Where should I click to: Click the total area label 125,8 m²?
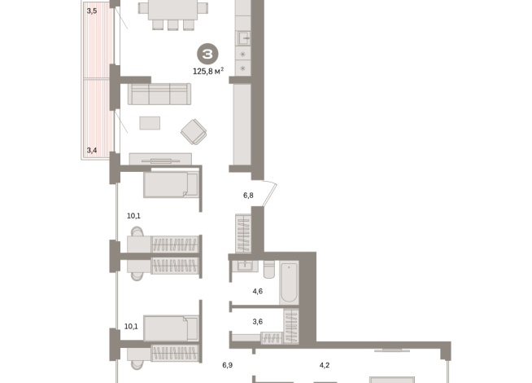click(x=207, y=71)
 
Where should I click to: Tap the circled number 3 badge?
click(x=207, y=54)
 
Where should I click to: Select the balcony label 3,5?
click(x=92, y=11)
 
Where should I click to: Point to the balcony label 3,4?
click(x=92, y=150)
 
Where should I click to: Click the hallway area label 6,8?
click(x=249, y=196)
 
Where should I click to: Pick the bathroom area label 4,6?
click(x=257, y=291)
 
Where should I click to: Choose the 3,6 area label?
click(x=257, y=321)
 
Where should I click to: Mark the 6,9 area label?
click(x=228, y=365)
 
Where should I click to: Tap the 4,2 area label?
click(x=325, y=365)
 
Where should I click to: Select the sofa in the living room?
click(x=159, y=95)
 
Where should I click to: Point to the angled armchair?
click(x=194, y=130)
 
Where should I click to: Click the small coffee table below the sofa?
click(x=150, y=123)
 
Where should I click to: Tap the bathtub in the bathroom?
click(x=290, y=282)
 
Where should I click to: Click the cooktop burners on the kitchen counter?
click(x=242, y=61)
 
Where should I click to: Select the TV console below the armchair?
click(x=160, y=160)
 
